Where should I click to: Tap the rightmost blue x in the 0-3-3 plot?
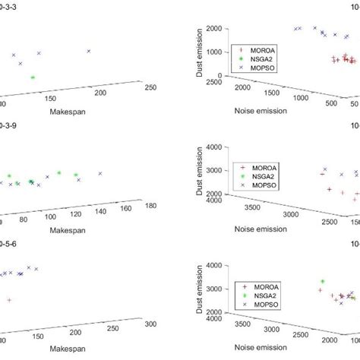pyautogui.click(x=89, y=51)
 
